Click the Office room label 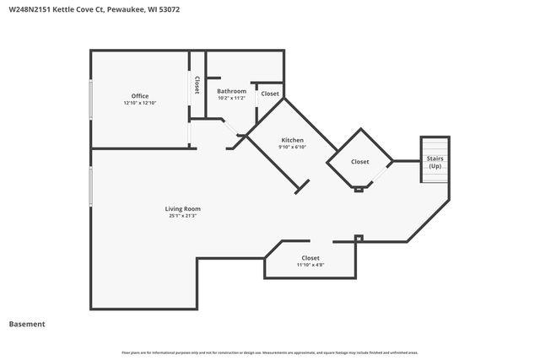(140, 96)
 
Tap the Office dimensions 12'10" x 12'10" (140, 103)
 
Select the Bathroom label (231, 91)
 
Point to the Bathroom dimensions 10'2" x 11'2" (231, 98)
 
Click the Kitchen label (292, 140)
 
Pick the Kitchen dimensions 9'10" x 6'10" (292, 147)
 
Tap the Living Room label (182, 209)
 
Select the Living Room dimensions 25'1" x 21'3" (182, 216)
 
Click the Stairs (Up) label (435, 162)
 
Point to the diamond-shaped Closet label (360, 161)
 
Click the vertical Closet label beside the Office (197, 84)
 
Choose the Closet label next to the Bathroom (270, 94)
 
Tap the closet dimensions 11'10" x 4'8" (310, 265)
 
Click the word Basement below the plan (27, 324)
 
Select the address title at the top (94, 10)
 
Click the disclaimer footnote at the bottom (270, 352)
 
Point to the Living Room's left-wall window (91, 185)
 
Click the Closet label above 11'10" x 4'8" (310, 257)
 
